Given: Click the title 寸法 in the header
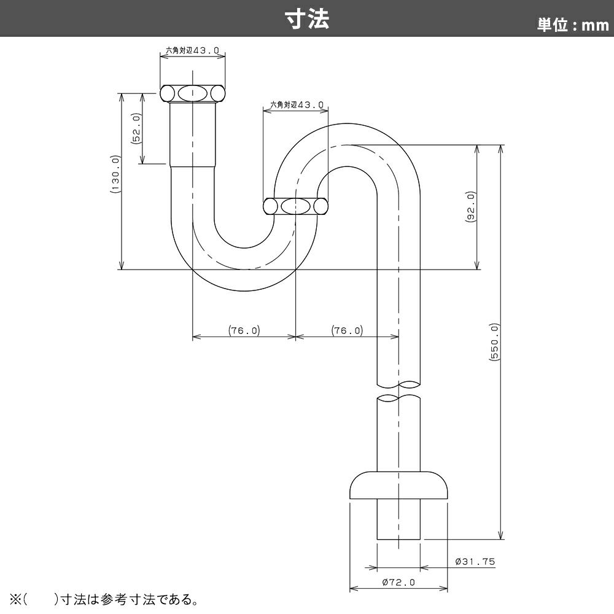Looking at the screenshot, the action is (x=307, y=19).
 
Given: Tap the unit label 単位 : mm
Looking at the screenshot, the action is (x=572, y=25).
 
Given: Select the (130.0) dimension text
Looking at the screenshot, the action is (x=115, y=174).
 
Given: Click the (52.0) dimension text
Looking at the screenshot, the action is (x=137, y=129).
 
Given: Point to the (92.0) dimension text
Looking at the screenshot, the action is (x=470, y=207).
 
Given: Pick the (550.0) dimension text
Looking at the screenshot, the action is (x=494, y=342).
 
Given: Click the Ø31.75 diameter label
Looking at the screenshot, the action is (x=475, y=562).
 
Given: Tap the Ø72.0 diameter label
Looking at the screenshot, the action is (x=398, y=582).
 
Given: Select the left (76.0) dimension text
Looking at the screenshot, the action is (x=244, y=330).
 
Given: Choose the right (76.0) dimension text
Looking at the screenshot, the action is (x=348, y=330).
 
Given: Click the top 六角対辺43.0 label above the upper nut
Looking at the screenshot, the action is (x=192, y=50).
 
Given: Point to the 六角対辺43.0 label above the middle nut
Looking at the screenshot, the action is (x=297, y=105).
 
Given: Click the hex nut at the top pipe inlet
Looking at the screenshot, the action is (x=193, y=93).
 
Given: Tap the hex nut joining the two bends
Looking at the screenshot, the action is (x=295, y=206).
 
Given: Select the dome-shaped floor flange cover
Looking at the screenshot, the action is (x=398, y=485).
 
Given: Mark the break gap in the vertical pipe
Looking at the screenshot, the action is (x=398, y=391).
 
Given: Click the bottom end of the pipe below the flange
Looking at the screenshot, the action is (x=398, y=539).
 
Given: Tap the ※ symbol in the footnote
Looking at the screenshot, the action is (x=16, y=599).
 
